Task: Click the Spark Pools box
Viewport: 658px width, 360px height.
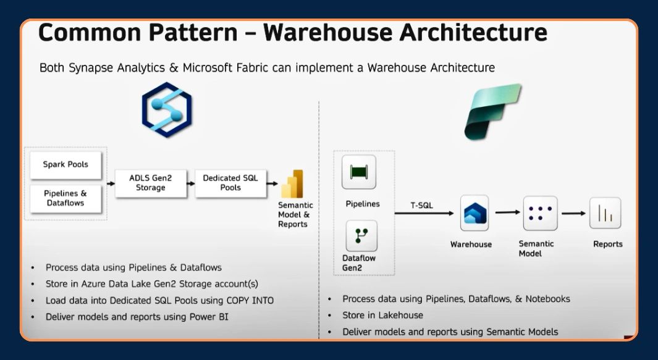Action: pos(65,165)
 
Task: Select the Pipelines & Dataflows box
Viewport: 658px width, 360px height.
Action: pos(65,198)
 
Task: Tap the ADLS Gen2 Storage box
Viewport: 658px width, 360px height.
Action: pos(151,183)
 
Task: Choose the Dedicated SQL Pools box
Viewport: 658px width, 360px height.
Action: pos(230,183)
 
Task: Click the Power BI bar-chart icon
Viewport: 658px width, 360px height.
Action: pos(292,184)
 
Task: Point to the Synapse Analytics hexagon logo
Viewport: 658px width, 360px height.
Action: pos(167,110)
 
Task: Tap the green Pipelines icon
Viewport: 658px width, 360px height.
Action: pos(359,172)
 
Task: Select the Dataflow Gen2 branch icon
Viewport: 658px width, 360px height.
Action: pos(361,236)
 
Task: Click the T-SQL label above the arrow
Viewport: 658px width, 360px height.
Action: pos(422,205)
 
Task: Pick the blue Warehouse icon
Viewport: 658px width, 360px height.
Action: pos(475,213)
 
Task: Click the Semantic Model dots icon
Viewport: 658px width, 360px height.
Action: pos(540,213)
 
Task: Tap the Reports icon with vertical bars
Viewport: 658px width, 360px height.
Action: pos(605,213)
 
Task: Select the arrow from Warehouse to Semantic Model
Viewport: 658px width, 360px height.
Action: pos(508,212)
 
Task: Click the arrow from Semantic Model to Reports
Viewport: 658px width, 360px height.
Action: pos(573,213)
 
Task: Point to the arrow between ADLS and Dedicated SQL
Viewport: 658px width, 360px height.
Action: pos(191,183)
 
